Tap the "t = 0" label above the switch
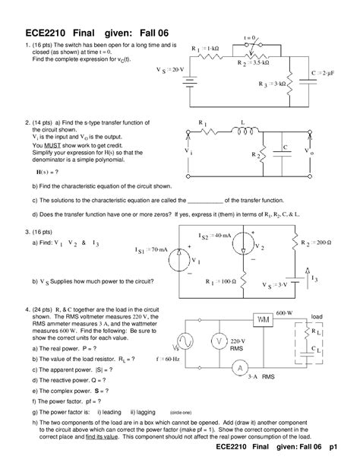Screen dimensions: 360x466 (248, 36)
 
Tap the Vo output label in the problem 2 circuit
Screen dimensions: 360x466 (307, 151)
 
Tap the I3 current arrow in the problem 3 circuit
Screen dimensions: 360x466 (307, 272)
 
